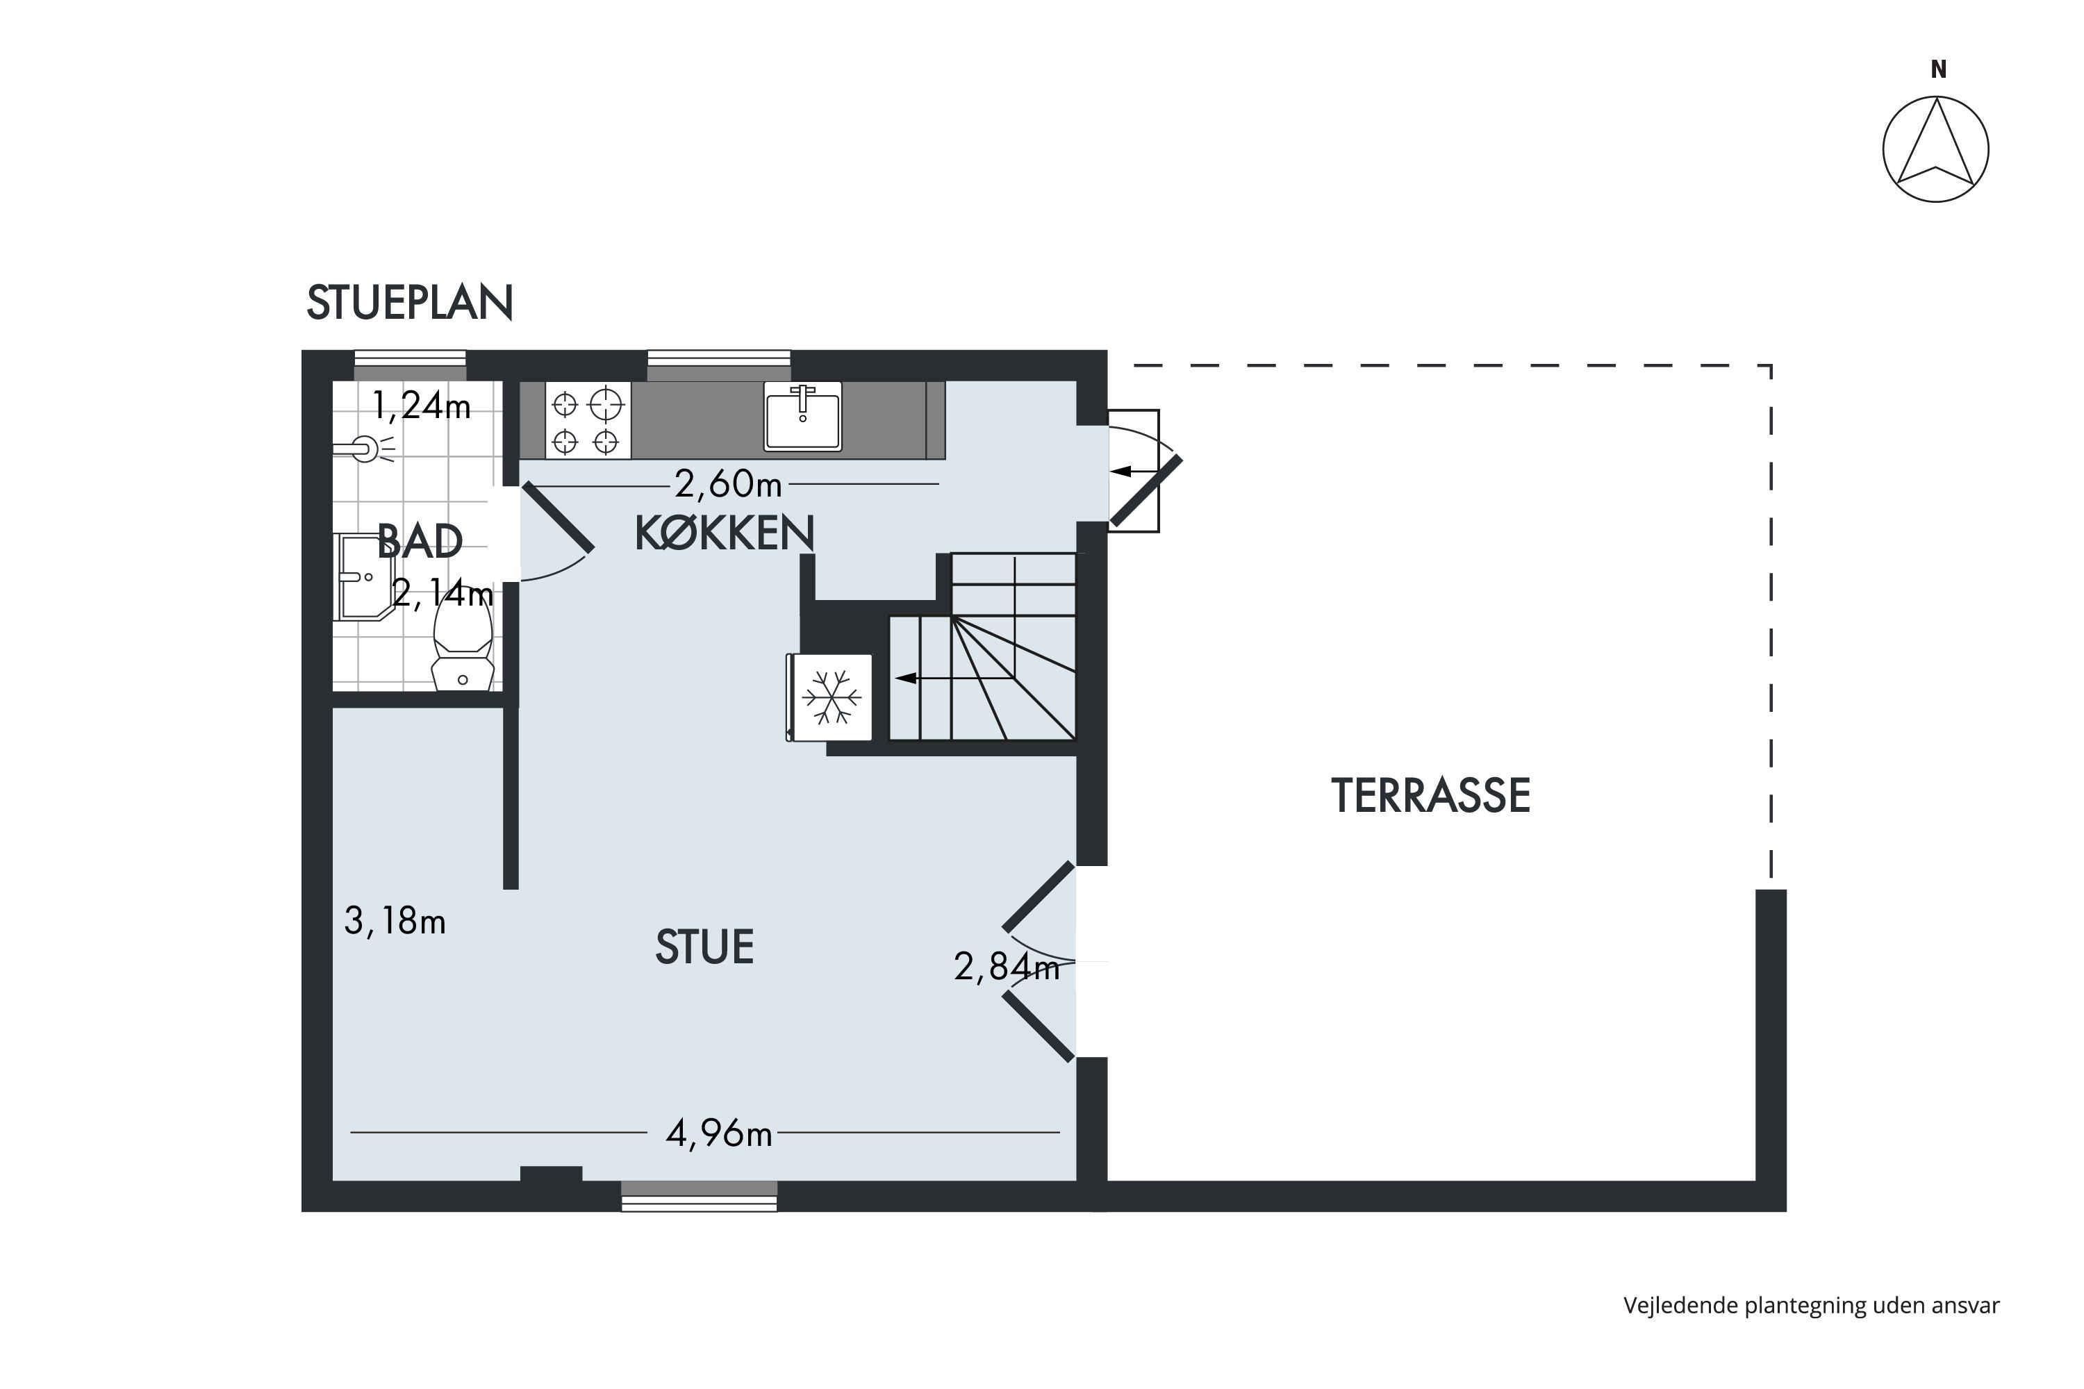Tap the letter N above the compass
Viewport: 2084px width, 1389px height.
pyautogui.click(x=1938, y=69)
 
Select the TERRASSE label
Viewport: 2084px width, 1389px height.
pyautogui.click(x=1430, y=795)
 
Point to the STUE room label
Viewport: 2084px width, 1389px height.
pyautogui.click(x=704, y=947)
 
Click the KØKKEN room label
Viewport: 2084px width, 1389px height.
pyautogui.click(x=724, y=533)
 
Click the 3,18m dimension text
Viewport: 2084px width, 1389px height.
pyautogui.click(x=395, y=922)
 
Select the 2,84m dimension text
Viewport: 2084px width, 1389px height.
pyautogui.click(x=1007, y=967)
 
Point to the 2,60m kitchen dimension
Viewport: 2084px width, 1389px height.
pyautogui.click(x=728, y=483)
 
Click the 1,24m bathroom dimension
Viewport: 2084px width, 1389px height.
pyautogui.click(x=421, y=406)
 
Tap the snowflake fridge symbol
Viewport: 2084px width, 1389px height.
pyautogui.click(x=831, y=697)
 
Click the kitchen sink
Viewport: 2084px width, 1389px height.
pyautogui.click(x=803, y=416)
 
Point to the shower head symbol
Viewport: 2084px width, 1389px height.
pyautogui.click(x=365, y=449)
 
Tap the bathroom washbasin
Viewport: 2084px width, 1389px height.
pyautogui.click(x=363, y=576)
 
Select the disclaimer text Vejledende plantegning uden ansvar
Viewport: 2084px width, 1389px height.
pyautogui.click(x=1811, y=1305)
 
